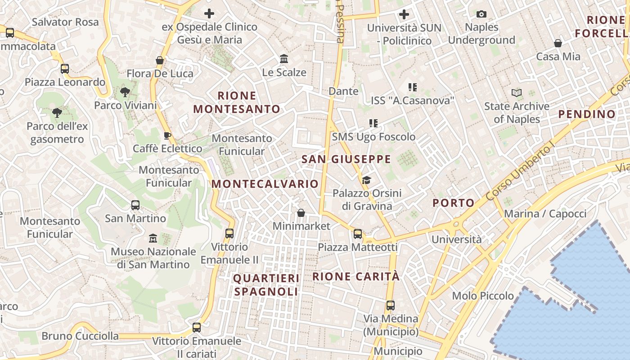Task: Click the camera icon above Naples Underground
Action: click(481, 14)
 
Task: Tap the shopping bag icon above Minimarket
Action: click(301, 213)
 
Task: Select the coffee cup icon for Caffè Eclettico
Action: click(167, 135)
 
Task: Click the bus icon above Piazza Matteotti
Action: click(358, 234)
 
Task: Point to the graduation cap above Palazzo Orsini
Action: click(367, 180)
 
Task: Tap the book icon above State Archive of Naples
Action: click(517, 93)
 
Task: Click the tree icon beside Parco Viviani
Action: click(125, 93)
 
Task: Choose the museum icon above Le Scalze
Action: click(284, 59)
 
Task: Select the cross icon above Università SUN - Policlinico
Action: click(404, 14)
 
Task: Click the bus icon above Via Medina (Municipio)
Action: click(391, 306)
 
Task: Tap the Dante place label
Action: click(343, 91)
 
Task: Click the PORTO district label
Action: click(454, 203)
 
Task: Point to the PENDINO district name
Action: click(587, 114)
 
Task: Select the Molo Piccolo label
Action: click(482, 296)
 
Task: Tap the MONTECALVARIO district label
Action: click(265, 184)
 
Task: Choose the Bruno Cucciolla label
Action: click(80, 336)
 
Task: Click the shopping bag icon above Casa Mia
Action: click(558, 43)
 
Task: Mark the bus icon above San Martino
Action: click(135, 205)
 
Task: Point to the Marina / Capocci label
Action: click(545, 214)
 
